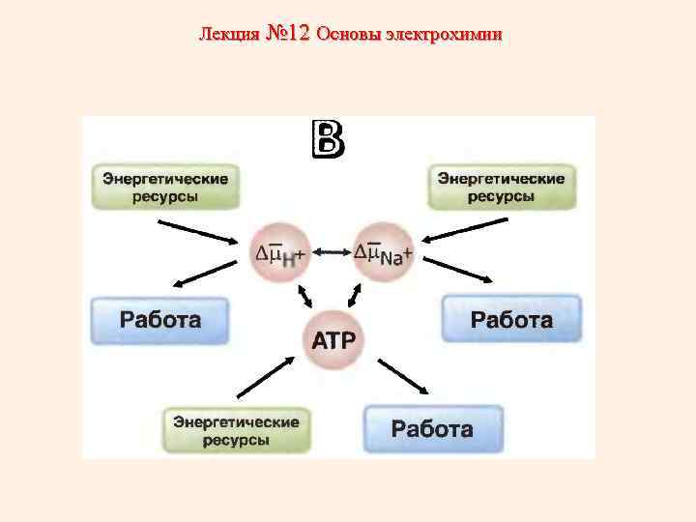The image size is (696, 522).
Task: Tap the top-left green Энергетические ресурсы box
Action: click(165, 188)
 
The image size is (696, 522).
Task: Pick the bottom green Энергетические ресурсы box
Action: click(236, 430)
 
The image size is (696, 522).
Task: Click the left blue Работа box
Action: click(160, 320)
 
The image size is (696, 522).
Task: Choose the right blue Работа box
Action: click(511, 320)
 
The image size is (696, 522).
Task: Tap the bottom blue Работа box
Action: click(432, 429)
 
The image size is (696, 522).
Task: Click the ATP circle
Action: click(333, 340)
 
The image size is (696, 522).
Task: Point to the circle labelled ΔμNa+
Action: click(384, 253)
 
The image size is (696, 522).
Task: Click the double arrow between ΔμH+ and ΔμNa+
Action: click(332, 253)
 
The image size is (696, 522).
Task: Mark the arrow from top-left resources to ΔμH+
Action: click(199, 232)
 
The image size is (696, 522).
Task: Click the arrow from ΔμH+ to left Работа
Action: click(207, 275)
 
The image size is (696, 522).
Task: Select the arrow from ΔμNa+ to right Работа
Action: click(458, 270)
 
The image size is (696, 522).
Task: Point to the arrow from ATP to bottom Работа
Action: click(403, 376)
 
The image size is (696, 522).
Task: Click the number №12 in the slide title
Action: click(287, 34)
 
